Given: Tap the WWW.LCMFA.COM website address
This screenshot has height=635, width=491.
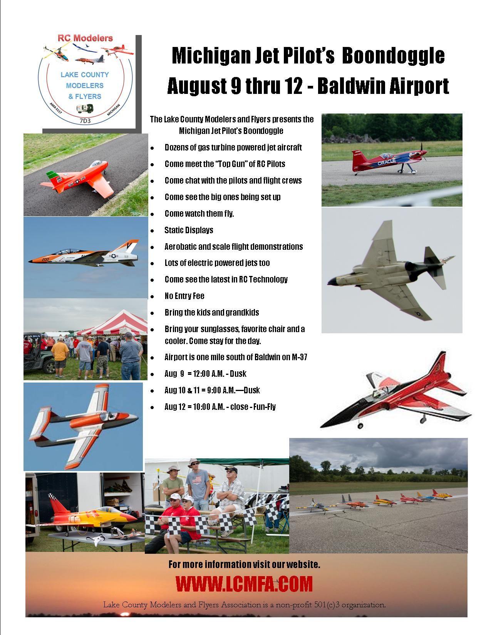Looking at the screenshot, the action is [x=244, y=584].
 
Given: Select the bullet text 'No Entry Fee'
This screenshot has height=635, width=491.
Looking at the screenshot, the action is [x=184, y=296].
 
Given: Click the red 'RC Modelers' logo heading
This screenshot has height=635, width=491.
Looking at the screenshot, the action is [x=85, y=38].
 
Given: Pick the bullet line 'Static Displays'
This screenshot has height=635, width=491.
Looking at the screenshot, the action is [x=189, y=230].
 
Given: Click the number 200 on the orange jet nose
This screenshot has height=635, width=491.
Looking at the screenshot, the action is [x=45, y=259].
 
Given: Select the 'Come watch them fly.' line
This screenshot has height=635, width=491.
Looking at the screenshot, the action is [x=199, y=214].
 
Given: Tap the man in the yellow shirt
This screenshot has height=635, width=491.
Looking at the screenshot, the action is [x=60, y=356].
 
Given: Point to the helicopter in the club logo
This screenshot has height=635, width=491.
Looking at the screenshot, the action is [x=57, y=52].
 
